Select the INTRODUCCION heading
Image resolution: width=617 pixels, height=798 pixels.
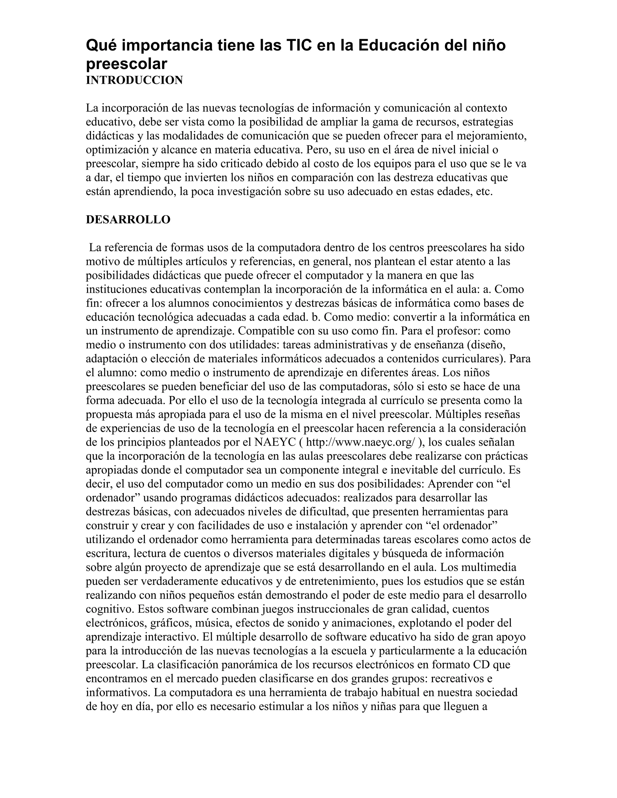click(134, 80)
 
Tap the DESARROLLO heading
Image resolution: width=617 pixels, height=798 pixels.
click(128, 220)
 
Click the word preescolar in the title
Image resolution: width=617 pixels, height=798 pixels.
click(127, 64)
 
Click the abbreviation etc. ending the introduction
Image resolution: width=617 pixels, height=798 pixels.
click(485, 192)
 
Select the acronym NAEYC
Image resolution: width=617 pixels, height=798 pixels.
click(274, 442)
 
